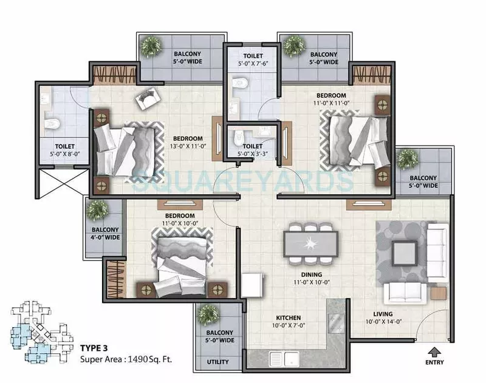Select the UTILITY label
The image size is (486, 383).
[x=217, y=362]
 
